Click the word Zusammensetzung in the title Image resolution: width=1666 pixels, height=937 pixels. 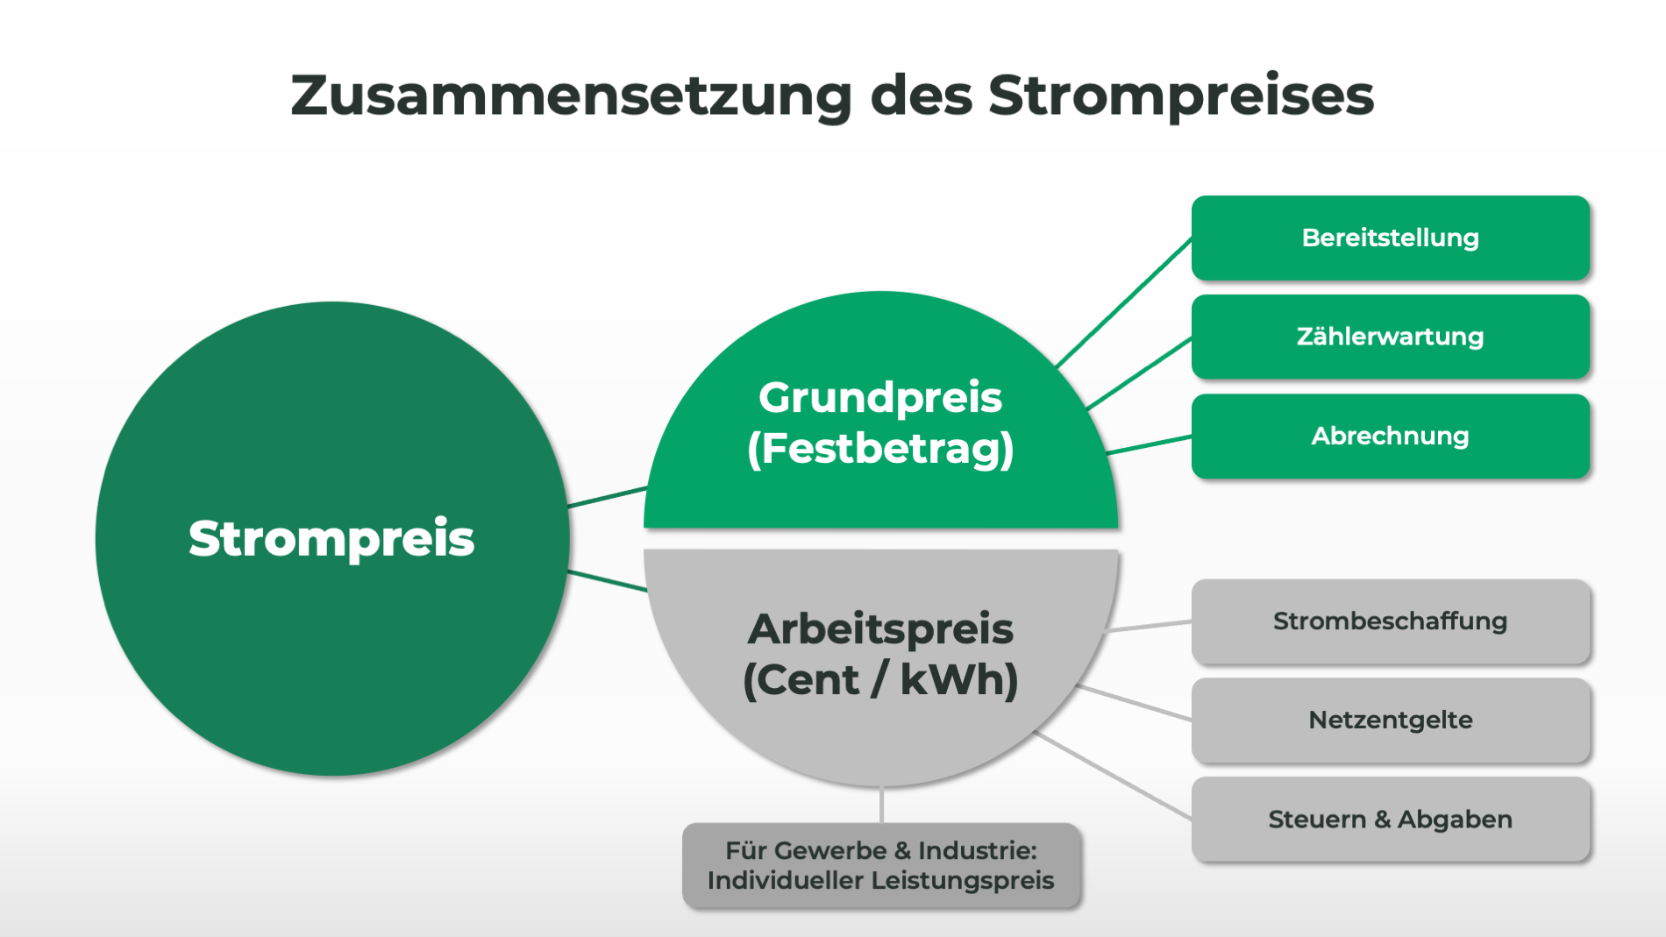coord(571,96)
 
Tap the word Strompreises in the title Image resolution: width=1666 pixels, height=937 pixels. coord(1181,96)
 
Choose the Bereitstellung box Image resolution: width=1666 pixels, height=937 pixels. coord(1390,238)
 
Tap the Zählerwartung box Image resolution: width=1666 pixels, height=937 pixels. coord(1390,337)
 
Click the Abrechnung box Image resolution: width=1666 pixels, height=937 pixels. coord(1390,436)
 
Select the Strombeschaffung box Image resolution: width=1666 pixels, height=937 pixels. coord(1390,621)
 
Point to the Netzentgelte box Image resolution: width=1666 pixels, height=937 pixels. coord(1390,720)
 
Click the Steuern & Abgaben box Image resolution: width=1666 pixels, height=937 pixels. coord(1390,820)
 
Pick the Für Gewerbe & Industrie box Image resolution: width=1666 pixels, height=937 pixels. coord(880,865)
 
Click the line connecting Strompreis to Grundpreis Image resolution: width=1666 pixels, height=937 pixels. coord(608,497)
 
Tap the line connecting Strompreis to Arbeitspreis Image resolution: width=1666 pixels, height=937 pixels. coord(608,581)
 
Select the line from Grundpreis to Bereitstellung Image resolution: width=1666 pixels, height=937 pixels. coord(1125,302)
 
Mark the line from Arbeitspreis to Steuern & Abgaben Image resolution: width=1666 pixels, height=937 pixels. coord(1114,776)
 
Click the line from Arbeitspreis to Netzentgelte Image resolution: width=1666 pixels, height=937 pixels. coord(1134,703)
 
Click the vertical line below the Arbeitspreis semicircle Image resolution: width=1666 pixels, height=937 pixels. coord(881,805)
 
